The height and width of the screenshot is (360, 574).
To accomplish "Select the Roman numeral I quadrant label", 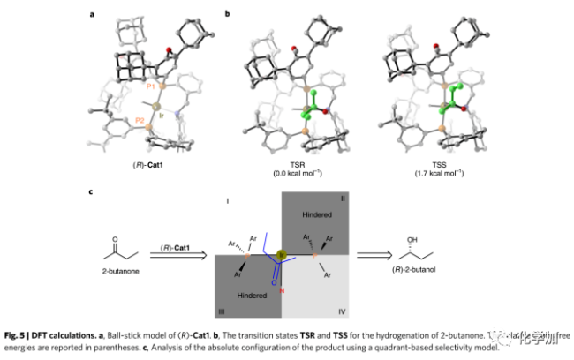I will (x=228, y=203).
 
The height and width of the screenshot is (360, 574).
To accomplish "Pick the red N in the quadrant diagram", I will (x=281, y=290).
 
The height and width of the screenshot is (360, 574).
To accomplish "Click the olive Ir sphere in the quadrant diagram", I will (x=281, y=256).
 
